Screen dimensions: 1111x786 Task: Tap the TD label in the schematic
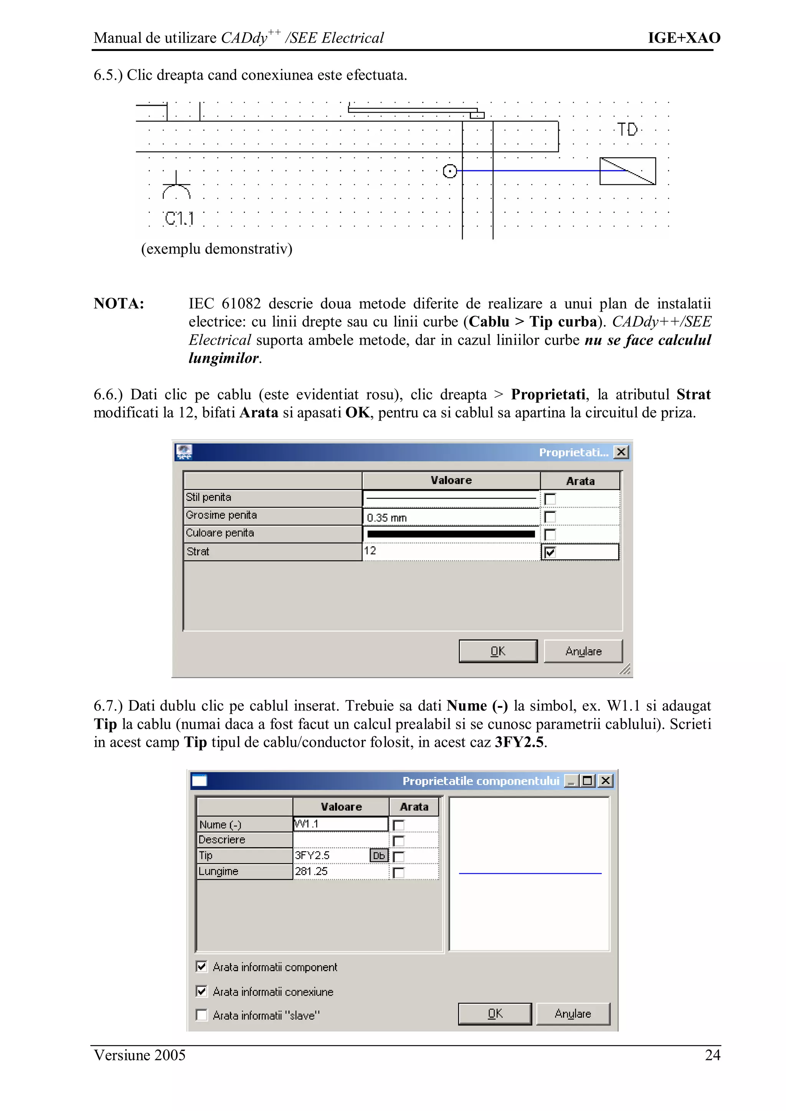pyautogui.click(x=627, y=130)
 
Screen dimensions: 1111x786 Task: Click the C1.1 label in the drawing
pyautogui.click(x=179, y=219)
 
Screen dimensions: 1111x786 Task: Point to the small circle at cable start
pyautogui.click(x=450, y=171)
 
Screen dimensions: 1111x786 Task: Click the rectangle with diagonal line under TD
pyautogui.click(x=627, y=171)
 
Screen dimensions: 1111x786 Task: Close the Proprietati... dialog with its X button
pyautogui.click(x=621, y=452)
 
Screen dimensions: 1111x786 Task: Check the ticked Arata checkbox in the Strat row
pyautogui.click(x=550, y=552)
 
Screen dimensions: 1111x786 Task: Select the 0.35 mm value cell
pyautogui.click(x=451, y=517)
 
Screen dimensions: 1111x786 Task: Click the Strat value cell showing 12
pyautogui.click(x=451, y=551)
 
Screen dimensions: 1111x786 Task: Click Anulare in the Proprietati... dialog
pyautogui.click(x=583, y=651)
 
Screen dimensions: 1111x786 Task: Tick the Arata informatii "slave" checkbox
pyautogui.click(x=201, y=1015)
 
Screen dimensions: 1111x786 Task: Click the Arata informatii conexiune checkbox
pyautogui.click(x=201, y=991)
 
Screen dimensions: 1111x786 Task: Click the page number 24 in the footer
pyautogui.click(x=712, y=1055)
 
